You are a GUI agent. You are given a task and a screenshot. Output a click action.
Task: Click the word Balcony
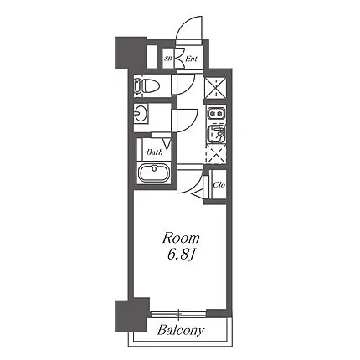(181, 331)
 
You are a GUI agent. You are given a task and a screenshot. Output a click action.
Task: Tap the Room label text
(181, 239)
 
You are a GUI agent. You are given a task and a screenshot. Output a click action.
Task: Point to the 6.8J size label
(181, 255)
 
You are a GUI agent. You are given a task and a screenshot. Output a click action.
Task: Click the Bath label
(154, 152)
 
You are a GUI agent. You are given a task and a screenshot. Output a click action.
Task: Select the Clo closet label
(219, 185)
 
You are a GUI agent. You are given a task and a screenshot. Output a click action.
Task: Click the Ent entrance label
(192, 59)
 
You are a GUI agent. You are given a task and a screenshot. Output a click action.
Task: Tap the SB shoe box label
(167, 59)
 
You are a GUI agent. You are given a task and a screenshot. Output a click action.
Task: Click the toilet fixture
(147, 86)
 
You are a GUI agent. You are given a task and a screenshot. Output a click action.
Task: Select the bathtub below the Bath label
(154, 172)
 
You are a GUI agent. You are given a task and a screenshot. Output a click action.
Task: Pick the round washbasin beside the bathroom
(139, 113)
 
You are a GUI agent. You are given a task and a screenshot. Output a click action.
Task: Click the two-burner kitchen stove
(217, 114)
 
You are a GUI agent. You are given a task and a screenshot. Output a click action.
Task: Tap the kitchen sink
(217, 133)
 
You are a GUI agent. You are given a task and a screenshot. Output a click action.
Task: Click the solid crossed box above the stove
(215, 87)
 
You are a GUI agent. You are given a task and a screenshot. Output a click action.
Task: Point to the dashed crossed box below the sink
(215, 154)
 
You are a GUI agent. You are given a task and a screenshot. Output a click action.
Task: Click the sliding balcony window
(178, 315)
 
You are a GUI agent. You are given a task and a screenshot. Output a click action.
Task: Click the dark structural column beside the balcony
(131, 315)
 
